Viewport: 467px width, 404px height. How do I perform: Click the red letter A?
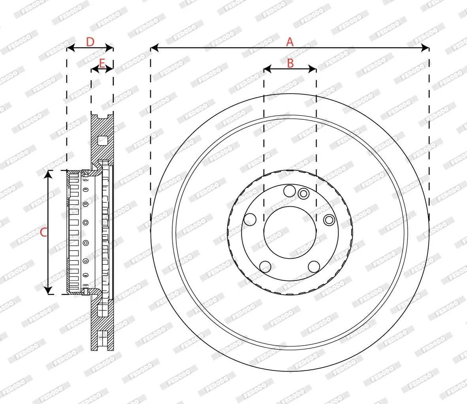[x=290, y=42]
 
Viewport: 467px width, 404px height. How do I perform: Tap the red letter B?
[x=290, y=63]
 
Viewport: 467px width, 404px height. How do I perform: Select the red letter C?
[x=43, y=232]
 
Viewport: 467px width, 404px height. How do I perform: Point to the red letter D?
[x=90, y=42]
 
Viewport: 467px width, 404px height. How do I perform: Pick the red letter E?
[x=102, y=64]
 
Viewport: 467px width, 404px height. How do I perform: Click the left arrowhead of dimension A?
[x=154, y=48]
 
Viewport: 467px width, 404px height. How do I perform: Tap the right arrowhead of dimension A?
[x=425, y=48]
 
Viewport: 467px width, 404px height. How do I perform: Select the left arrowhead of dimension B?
[x=267, y=69]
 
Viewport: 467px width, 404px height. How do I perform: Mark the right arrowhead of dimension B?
[x=313, y=69]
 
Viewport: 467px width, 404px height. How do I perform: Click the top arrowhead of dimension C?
[x=48, y=174]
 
